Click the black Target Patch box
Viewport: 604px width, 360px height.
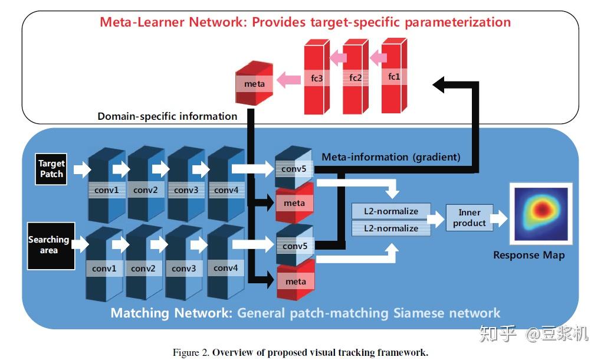tap(51, 169)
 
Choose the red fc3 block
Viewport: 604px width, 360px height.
tap(316, 78)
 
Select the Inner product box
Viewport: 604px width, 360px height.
tap(469, 218)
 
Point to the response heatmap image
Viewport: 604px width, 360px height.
tap(541, 214)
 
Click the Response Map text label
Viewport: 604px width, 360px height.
tap(528, 255)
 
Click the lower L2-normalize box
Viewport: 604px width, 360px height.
tap(390, 228)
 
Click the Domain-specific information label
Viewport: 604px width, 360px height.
tap(167, 116)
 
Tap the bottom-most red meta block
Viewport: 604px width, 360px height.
tap(295, 282)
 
